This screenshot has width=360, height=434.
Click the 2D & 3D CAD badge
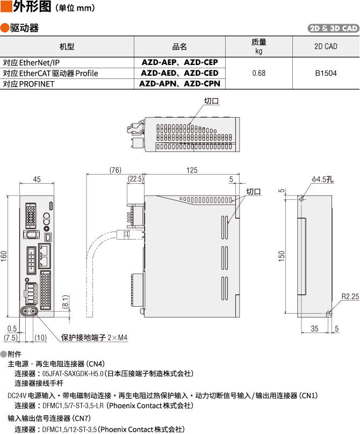click(333, 28)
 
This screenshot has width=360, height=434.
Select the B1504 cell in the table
click(326, 73)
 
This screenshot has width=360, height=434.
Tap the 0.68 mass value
click(258, 73)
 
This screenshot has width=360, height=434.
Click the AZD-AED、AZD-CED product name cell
click(179, 73)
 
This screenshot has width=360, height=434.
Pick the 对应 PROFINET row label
click(28, 84)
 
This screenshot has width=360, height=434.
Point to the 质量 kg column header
click(258, 46)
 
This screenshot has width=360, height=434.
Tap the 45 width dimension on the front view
click(37, 179)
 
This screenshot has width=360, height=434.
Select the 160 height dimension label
click(5, 257)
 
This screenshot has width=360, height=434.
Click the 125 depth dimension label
click(192, 170)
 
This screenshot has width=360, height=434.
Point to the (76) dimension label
click(115, 170)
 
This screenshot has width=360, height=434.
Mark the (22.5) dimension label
click(135, 179)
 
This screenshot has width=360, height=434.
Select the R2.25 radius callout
click(350, 296)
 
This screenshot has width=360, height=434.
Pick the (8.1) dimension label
click(65, 302)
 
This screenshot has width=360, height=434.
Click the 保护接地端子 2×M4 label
click(94, 338)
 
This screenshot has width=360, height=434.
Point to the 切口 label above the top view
click(211, 101)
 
